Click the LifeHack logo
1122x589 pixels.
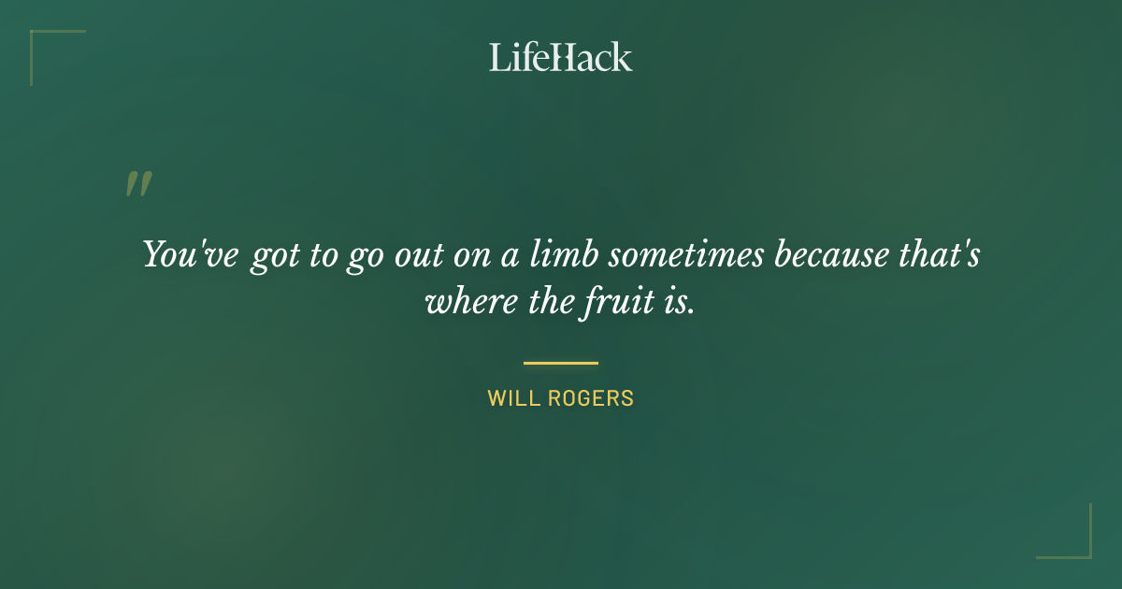click(561, 57)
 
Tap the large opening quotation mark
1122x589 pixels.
click(137, 184)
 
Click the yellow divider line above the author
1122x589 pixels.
click(561, 363)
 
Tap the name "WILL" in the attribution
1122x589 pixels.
click(510, 398)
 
